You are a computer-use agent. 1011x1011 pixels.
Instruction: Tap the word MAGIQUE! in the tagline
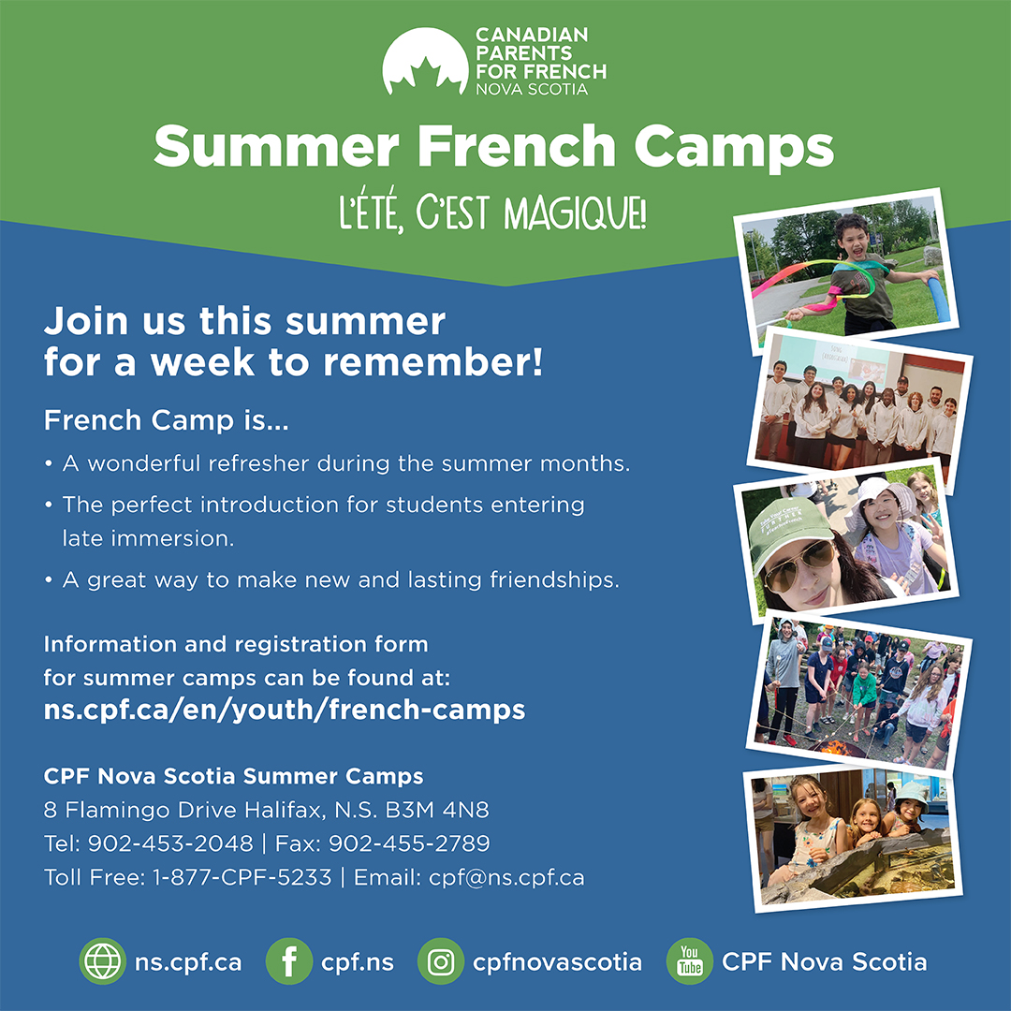coord(575,214)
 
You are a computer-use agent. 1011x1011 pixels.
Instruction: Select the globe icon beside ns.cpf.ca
coord(102,961)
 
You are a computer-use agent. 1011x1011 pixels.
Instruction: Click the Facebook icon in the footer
coord(289,961)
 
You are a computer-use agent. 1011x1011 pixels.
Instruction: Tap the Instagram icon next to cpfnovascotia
coord(440,961)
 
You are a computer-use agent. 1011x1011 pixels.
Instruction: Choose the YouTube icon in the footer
coord(689,961)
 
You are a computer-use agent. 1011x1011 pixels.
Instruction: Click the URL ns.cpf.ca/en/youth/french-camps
coord(285,710)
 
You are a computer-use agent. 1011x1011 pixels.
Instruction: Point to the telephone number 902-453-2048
coord(170,843)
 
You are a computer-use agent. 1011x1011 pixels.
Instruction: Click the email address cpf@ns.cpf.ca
coord(506,877)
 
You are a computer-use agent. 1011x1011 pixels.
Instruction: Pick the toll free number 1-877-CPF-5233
coord(242,877)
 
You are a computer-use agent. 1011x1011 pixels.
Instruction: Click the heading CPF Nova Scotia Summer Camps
coord(234,776)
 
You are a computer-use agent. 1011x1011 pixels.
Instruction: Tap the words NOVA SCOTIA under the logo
coord(531,90)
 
